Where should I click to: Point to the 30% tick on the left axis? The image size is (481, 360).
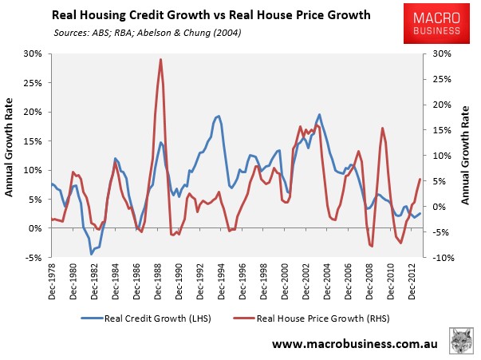tap(35, 53)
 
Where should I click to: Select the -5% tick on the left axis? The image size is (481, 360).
tap(35, 257)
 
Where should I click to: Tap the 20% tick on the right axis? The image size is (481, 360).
tap(444, 105)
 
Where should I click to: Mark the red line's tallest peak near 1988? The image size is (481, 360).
tap(160, 59)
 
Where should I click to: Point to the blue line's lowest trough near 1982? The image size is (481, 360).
tap(91, 254)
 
